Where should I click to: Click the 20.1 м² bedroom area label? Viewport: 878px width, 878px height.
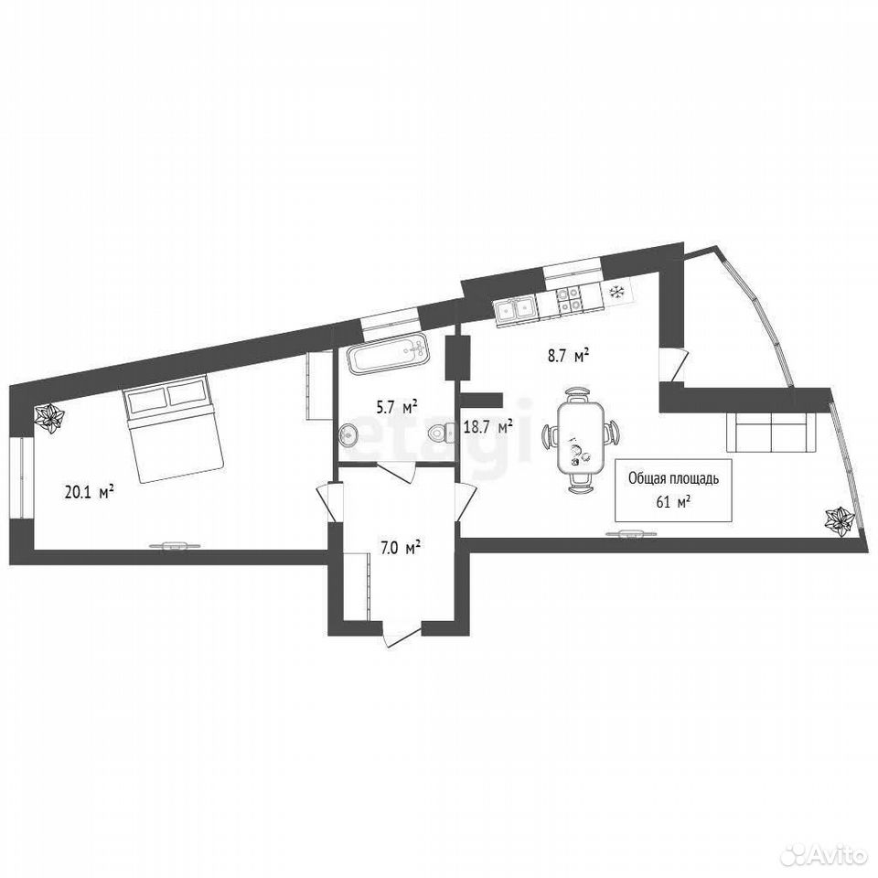point(90,492)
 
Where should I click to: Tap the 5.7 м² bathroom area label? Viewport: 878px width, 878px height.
point(398,407)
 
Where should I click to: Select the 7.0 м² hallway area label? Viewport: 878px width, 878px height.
point(401,548)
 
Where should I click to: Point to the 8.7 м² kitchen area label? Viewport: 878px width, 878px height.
point(568,356)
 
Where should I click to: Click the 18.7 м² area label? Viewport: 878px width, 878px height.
point(488,428)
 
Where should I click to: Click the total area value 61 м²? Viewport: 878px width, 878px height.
point(672,502)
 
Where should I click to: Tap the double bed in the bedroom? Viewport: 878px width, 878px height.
point(173,428)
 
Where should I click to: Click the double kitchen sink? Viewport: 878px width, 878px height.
point(514,311)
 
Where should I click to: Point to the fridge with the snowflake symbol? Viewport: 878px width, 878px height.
point(617,291)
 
